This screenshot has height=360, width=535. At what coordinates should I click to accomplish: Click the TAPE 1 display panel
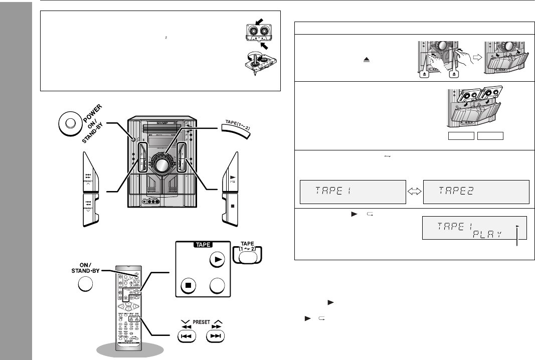pos(351,191)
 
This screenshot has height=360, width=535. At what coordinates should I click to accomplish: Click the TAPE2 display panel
pos(476,191)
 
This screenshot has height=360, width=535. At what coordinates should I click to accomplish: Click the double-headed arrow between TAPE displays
pos(414,191)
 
